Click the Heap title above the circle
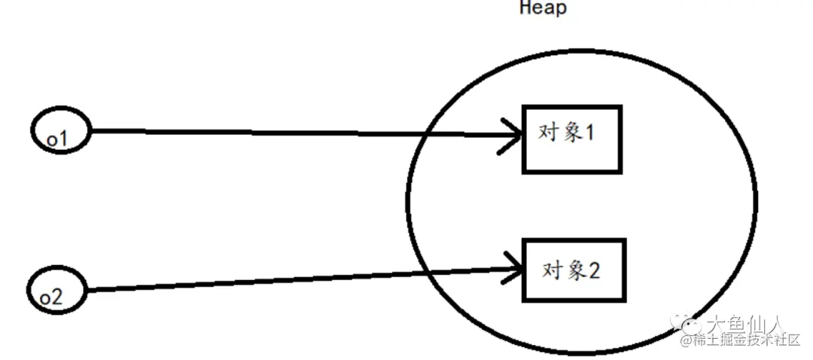tap(543, 9)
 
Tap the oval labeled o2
tap(58, 291)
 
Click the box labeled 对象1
tap(572, 139)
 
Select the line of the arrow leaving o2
tap(301, 279)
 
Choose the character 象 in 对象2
tap(574, 270)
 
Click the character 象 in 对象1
tap(571, 133)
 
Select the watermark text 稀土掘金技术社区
tap(748, 340)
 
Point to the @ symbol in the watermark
tap(687, 341)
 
